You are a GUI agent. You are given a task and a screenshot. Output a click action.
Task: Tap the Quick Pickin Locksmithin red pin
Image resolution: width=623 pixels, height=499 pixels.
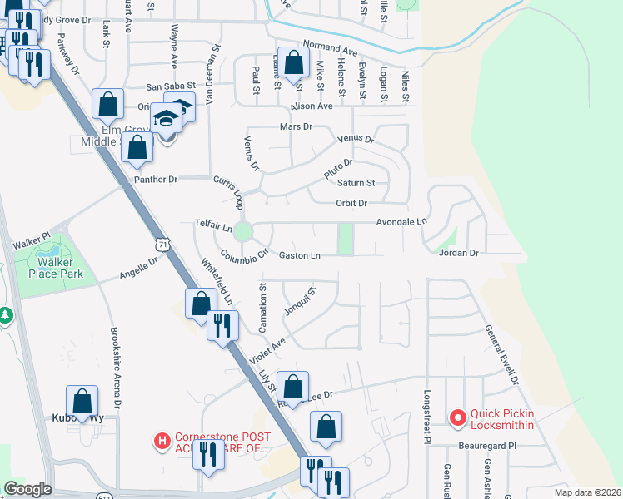point(456,418)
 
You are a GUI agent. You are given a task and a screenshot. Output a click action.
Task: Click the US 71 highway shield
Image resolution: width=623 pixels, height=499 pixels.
point(162,243)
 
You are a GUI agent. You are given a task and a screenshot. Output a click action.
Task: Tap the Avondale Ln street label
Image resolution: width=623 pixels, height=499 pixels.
point(401,222)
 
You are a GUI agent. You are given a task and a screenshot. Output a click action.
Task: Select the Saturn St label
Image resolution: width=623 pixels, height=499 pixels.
point(356,183)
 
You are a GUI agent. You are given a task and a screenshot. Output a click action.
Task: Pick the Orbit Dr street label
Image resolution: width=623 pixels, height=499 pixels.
point(351,203)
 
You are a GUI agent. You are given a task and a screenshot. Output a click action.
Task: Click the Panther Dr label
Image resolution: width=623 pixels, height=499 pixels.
point(156,179)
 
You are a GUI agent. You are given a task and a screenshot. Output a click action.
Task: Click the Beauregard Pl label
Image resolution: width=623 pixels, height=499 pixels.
point(487,446)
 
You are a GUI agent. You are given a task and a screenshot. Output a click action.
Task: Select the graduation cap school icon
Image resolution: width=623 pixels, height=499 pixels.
point(166,118)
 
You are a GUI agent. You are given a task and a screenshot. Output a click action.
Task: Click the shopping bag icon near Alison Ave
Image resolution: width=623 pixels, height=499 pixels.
point(294,62)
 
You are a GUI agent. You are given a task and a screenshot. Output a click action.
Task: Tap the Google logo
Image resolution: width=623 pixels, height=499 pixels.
point(27,489)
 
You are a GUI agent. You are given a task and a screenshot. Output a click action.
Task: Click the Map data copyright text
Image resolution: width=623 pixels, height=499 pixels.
point(586,492)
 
